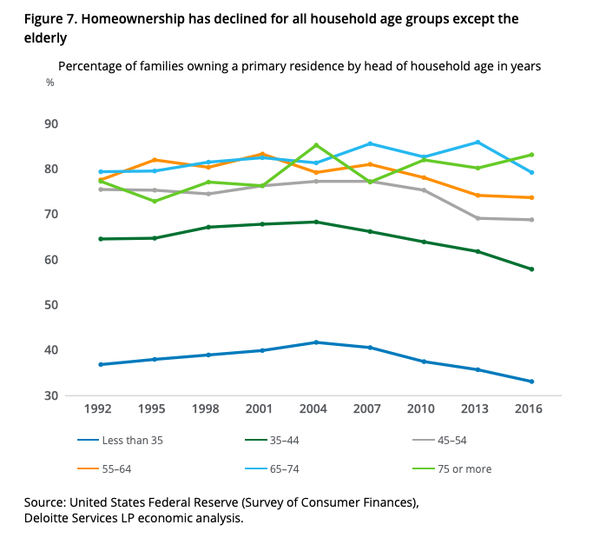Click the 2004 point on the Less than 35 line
click(x=316, y=342)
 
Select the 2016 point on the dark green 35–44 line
click(x=531, y=269)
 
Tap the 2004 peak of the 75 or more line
click(x=316, y=145)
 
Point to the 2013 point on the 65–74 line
click(x=478, y=142)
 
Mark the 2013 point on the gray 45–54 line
click(x=478, y=218)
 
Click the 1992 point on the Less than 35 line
click(x=101, y=364)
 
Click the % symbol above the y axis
click(x=49, y=83)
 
